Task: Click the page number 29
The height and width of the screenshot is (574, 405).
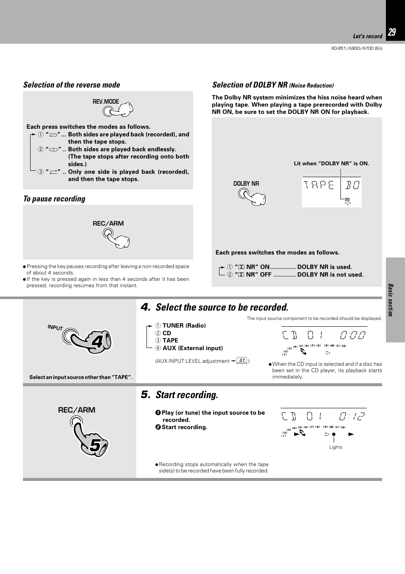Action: tap(392, 32)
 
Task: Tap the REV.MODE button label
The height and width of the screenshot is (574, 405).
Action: tap(106, 102)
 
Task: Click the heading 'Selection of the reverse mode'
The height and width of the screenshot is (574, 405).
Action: tap(71, 85)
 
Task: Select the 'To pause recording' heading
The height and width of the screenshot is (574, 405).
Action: tap(54, 199)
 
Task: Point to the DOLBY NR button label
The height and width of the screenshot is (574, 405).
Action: tap(246, 184)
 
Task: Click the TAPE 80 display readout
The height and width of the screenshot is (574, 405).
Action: tap(332, 185)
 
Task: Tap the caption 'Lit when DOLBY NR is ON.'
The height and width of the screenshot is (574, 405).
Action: tap(331, 164)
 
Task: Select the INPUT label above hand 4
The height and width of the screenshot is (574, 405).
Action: tap(55, 327)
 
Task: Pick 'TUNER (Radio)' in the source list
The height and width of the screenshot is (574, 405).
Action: tap(184, 325)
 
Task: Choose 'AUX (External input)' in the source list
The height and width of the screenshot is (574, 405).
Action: tap(192, 348)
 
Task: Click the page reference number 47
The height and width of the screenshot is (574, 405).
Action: tap(242, 361)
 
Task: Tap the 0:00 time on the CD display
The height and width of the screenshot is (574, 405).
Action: tap(352, 335)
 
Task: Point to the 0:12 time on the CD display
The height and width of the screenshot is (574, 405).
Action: tap(352, 416)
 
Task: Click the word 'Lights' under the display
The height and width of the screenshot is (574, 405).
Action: tap(335, 447)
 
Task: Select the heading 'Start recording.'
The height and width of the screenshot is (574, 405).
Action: tap(186, 395)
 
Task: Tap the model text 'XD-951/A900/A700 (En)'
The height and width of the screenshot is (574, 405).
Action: tap(356, 48)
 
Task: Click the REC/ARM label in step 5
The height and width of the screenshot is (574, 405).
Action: tap(76, 410)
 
